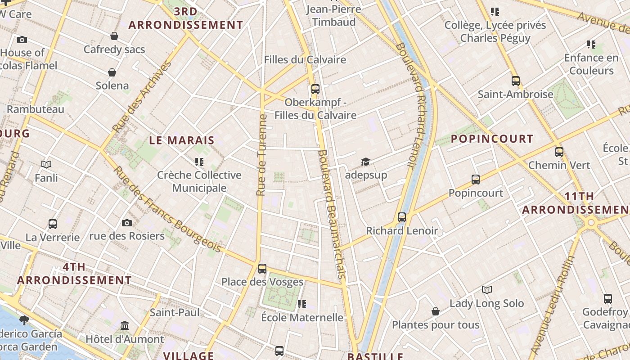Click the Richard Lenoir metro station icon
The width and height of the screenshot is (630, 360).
tap(402, 217)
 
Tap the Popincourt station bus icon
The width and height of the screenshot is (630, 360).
tap(476, 180)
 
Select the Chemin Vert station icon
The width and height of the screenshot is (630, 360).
tap(559, 152)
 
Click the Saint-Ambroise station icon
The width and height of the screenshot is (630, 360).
tap(516, 81)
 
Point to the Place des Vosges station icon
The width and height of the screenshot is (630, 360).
tap(262, 269)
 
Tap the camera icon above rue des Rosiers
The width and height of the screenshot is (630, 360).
tap(127, 223)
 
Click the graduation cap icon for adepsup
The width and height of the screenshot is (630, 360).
tap(365, 162)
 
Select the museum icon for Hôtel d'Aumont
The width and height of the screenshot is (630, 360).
tap(125, 325)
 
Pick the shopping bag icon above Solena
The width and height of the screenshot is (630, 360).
tap(112, 72)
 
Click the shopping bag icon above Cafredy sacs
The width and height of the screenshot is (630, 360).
tap(114, 36)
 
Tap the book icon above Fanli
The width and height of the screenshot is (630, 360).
tap(46, 164)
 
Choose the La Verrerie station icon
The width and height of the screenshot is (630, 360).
tap(53, 224)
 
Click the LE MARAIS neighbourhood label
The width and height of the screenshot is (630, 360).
tap(182, 140)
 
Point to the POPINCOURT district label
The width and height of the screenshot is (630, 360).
tap(492, 139)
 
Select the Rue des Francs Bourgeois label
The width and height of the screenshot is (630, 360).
tap(166, 209)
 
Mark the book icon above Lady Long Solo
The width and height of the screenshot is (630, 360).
tap(486, 290)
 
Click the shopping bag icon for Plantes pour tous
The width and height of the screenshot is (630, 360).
tap(435, 311)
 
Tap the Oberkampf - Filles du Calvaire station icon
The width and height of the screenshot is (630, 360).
tap(315, 89)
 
